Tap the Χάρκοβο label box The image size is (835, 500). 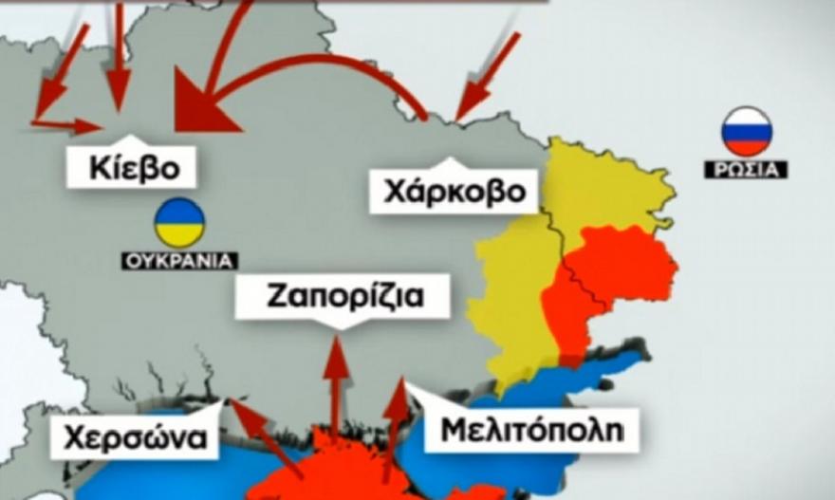(x=454, y=192)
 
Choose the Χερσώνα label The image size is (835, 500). (x=136, y=438)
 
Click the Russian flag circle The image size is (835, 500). (x=747, y=131)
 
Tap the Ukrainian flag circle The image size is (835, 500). (x=179, y=223)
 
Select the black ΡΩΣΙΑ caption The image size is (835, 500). (x=746, y=171)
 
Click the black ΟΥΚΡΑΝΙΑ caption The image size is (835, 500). (x=179, y=260)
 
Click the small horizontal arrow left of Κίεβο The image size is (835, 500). (x=71, y=124)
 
